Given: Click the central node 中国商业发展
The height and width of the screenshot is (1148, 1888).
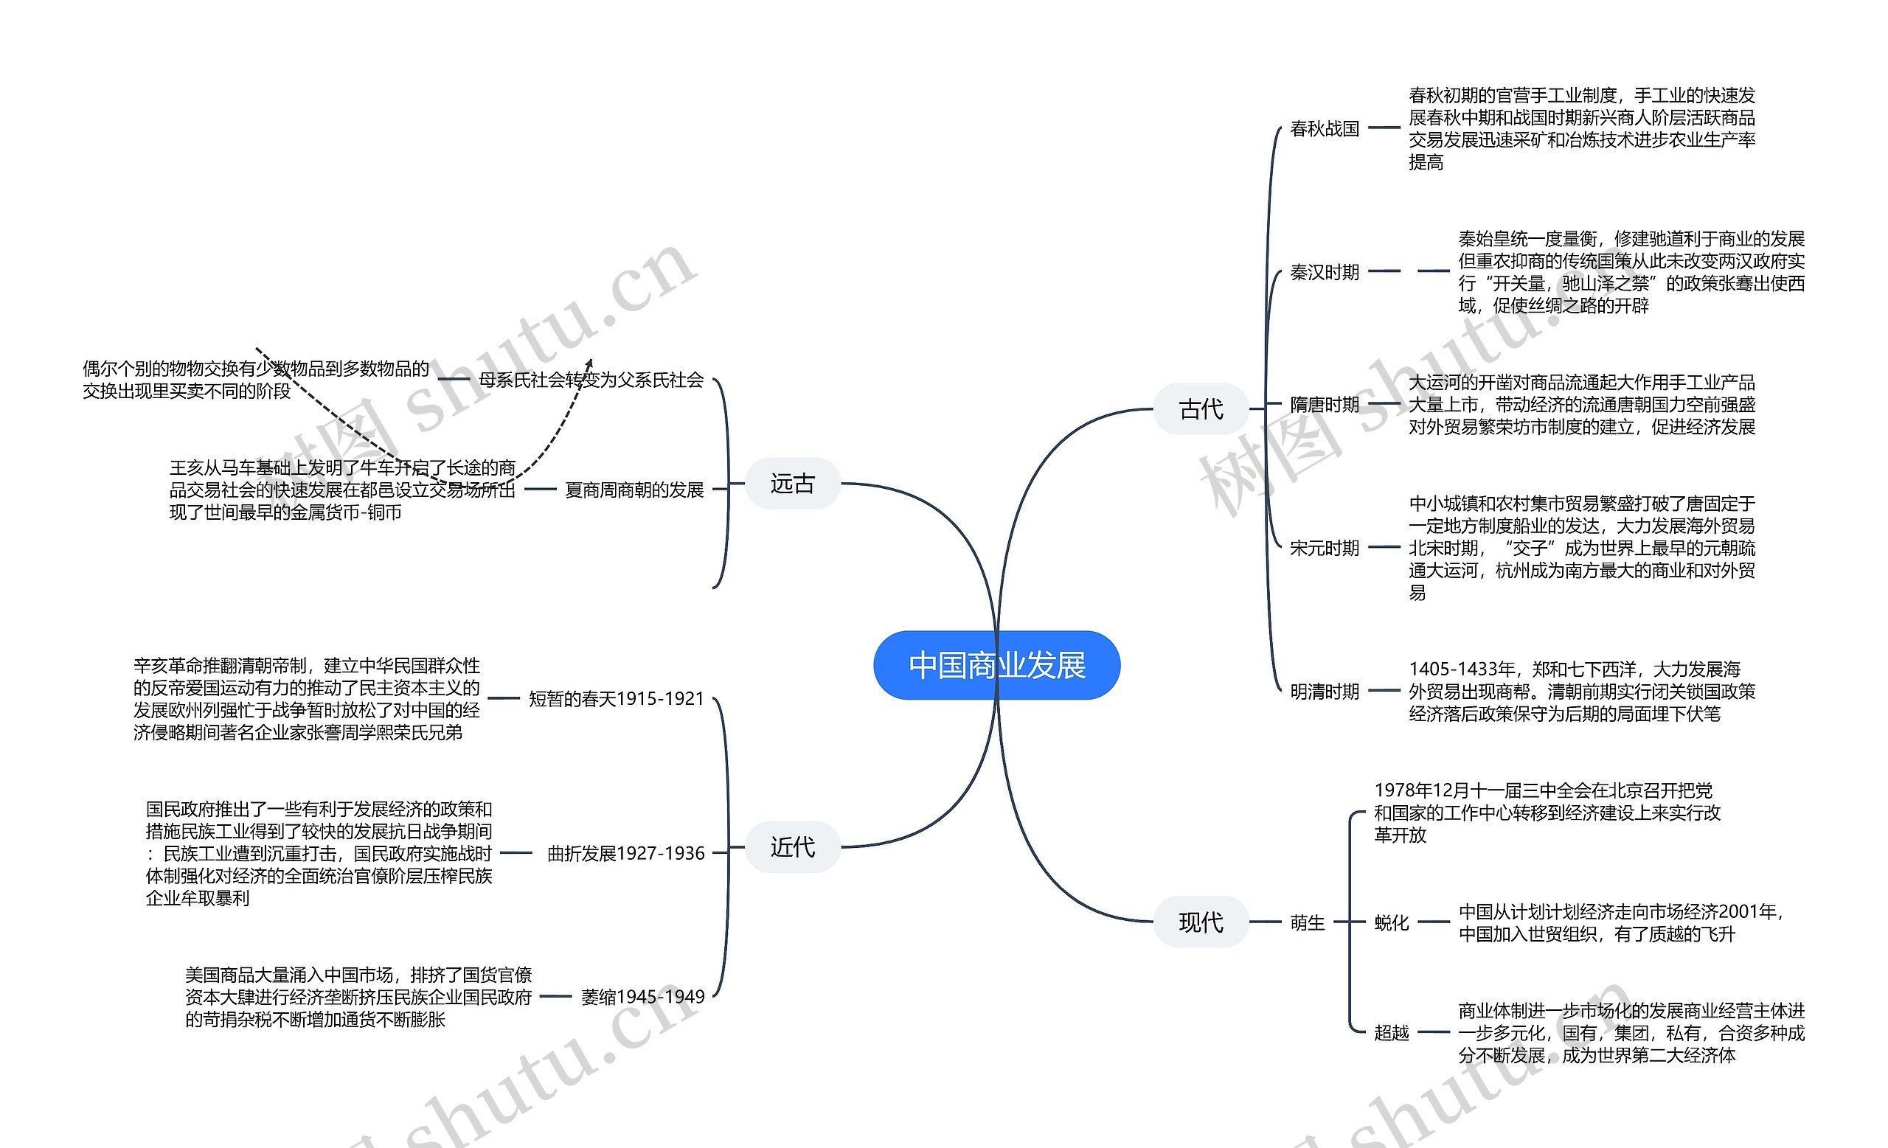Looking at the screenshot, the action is (996, 665).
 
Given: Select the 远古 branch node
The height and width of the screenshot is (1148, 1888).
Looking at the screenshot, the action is (792, 483).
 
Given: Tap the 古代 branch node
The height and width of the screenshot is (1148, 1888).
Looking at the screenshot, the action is (1201, 409).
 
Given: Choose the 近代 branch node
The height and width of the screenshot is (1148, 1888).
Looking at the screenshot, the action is (792, 846).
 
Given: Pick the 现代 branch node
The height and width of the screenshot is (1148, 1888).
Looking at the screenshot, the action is (1201, 922).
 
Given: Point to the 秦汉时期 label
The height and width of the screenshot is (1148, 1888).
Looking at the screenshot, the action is (1324, 272).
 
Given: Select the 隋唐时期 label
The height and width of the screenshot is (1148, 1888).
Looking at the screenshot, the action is (1324, 404).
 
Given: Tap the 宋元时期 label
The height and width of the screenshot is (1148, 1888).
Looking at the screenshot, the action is (1324, 548).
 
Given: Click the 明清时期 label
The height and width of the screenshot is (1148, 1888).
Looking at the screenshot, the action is (1324, 691).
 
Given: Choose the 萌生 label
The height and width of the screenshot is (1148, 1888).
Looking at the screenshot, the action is (1307, 922).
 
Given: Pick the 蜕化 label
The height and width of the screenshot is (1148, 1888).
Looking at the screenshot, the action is (1392, 922).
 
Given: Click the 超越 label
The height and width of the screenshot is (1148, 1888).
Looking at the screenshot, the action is (1392, 1032).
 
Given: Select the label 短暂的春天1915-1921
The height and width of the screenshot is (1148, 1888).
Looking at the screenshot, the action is (616, 698).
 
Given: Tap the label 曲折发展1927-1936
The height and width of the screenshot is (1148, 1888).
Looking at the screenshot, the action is (625, 853).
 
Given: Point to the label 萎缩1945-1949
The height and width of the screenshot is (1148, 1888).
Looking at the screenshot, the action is (642, 996).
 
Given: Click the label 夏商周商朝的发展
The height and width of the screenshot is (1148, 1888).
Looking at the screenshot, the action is (634, 490).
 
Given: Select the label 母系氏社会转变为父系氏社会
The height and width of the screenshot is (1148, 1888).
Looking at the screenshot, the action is (591, 380).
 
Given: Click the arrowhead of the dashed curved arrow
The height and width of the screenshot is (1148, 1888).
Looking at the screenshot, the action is (590, 362).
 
